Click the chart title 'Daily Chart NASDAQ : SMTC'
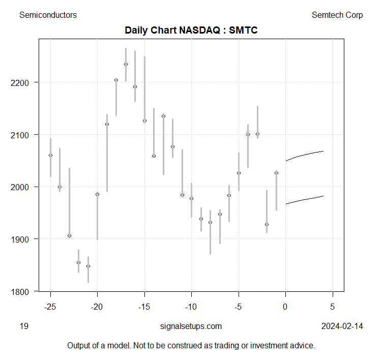coord(191,31)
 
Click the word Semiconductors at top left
coord(48,15)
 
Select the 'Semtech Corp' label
coord(337,15)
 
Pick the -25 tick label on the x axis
coord(50,307)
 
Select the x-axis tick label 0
coord(285,307)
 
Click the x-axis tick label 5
coord(333,307)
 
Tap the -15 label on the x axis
coord(144,307)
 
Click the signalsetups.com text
coord(191,326)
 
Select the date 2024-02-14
coord(342,326)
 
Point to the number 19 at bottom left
coord(23,326)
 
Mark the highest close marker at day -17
coord(126,64)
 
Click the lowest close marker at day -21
coord(88,266)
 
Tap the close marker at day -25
coord(50,155)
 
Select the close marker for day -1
coord(276,173)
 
